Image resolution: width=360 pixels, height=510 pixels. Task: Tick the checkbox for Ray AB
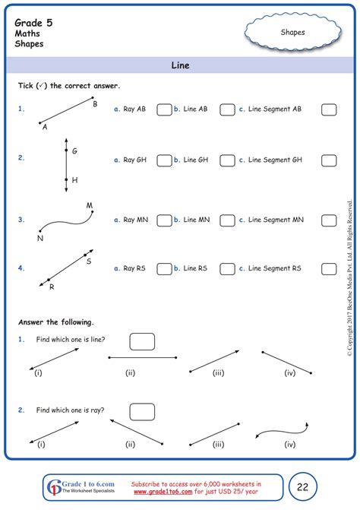pyautogui.click(x=163, y=109)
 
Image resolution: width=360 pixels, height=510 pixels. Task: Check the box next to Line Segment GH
pyautogui.click(x=329, y=160)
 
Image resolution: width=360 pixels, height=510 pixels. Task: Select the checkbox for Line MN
pyautogui.click(x=227, y=220)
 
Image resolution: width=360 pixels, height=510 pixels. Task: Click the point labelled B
pyautogui.click(x=95, y=104)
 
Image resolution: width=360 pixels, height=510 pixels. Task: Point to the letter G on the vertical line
pyautogui.click(x=74, y=151)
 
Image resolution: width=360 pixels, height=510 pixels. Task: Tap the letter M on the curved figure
pyautogui.click(x=89, y=205)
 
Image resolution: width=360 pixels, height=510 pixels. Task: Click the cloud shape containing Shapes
pyautogui.click(x=293, y=32)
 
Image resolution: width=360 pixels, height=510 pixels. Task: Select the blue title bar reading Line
pyautogui.click(x=180, y=65)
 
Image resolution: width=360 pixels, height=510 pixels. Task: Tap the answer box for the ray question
pyautogui.click(x=141, y=412)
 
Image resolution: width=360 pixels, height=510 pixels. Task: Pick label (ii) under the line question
pyautogui.click(x=131, y=373)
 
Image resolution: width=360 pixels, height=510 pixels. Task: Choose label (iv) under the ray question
pyautogui.click(x=289, y=445)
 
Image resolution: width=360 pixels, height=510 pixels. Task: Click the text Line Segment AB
pyautogui.click(x=276, y=109)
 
